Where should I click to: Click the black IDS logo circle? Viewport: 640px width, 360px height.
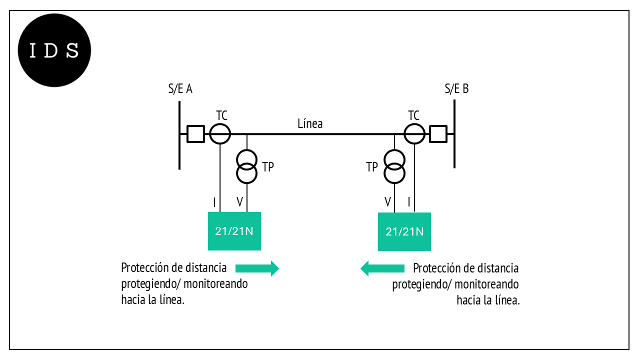pyautogui.click(x=54, y=50)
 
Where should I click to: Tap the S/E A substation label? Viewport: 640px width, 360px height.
pyautogui.click(x=180, y=89)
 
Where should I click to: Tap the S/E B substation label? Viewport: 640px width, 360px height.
pyautogui.click(x=456, y=89)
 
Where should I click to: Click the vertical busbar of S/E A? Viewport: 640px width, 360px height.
pyautogui.click(x=179, y=135)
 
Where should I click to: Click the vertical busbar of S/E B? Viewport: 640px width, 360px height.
pyautogui.click(x=454, y=134)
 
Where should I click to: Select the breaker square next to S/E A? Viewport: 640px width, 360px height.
pyautogui.click(x=195, y=134)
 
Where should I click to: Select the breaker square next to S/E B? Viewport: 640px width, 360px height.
pyautogui.click(x=438, y=134)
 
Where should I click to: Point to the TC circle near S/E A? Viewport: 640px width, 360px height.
pyautogui.click(x=220, y=134)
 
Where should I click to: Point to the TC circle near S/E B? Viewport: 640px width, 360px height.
pyautogui.click(x=414, y=134)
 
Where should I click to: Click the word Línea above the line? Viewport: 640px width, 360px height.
pyautogui.click(x=310, y=123)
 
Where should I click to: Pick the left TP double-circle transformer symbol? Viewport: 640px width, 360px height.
pyautogui.click(x=246, y=166)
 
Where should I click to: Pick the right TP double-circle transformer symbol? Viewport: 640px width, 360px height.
pyautogui.click(x=394, y=166)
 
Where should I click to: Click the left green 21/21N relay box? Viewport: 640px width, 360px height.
pyautogui.click(x=234, y=230)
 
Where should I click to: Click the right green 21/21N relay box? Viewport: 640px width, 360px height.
pyautogui.click(x=404, y=231)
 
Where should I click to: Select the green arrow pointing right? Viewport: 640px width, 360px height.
pyautogui.click(x=256, y=268)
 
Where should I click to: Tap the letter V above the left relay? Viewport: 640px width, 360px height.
pyautogui.click(x=239, y=202)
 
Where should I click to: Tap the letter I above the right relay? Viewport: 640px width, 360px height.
pyautogui.click(x=409, y=202)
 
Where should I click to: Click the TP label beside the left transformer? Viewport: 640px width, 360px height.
pyautogui.click(x=268, y=167)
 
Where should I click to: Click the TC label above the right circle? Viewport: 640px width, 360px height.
pyautogui.click(x=413, y=115)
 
